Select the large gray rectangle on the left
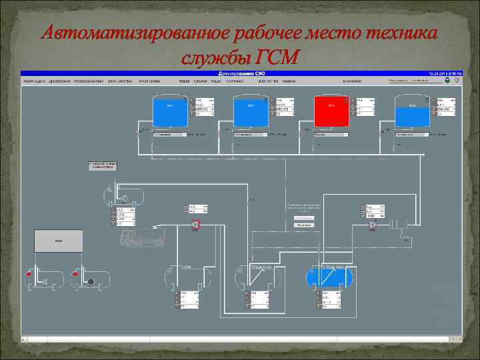pyautogui.click(x=59, y=240)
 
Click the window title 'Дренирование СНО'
pyautogui.click(x=240, y=73)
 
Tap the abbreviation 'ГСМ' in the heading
pyautogui.click(x=275, y=57)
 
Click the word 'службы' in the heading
pyautogui.click(x=214, y=57)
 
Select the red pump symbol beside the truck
pyautogui.click(x=195, y=226)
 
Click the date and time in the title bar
pyautogui.click(x=441, y=73)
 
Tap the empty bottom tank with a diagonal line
pyautogui.click(x=261, y=276)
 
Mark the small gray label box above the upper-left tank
pyautogui.click(x=103, y=165)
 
